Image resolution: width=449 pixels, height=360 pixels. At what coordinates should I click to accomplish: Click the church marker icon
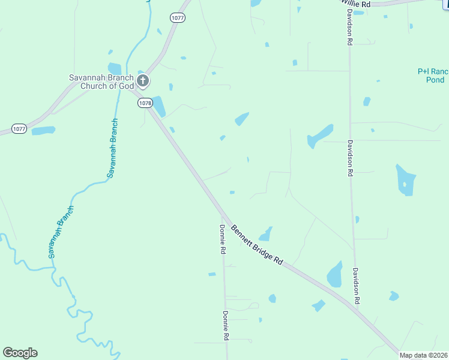coord(143,80)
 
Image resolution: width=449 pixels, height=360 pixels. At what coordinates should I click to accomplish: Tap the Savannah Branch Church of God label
coord(100,81)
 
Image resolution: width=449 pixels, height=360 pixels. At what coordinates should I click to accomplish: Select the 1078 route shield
coord(145,103)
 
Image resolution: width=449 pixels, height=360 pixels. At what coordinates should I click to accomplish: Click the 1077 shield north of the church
coord(177,18)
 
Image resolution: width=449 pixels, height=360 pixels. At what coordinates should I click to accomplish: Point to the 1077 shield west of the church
coord(19,128)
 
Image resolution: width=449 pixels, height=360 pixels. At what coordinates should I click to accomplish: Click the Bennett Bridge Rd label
coord(257,244)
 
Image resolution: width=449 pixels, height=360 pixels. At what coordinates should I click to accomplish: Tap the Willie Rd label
coord(357,4)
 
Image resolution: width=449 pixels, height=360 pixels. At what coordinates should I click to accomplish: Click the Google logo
coord(20,353)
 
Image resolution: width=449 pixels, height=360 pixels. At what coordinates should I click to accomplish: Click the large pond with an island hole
coord(405,180)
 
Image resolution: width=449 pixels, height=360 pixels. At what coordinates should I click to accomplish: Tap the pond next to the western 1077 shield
coord(43,130)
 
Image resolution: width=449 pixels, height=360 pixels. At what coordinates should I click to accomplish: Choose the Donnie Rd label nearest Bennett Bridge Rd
coord(222,239)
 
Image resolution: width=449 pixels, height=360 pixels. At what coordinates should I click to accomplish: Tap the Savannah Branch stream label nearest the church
coord(112,148)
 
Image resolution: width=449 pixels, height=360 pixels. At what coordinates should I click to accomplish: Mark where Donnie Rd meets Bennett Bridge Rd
coord(223,217)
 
